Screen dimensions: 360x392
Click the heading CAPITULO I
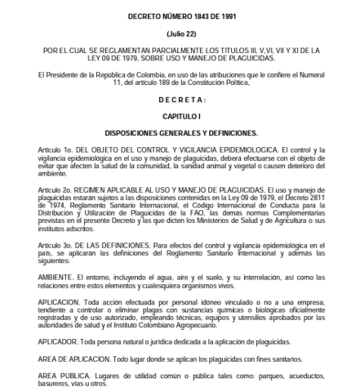180,117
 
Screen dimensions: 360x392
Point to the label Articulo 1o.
42,150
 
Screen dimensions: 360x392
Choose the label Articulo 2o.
42,189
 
